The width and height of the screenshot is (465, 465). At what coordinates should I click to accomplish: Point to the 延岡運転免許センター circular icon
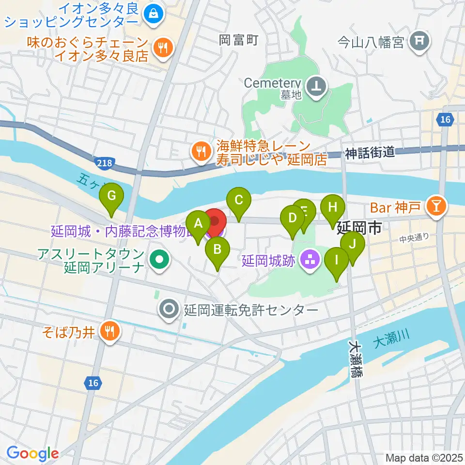coord(169,309)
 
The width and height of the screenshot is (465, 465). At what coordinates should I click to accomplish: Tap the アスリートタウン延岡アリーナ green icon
coord(158,261)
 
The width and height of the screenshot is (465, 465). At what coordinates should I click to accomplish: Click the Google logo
coord(33,454)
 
